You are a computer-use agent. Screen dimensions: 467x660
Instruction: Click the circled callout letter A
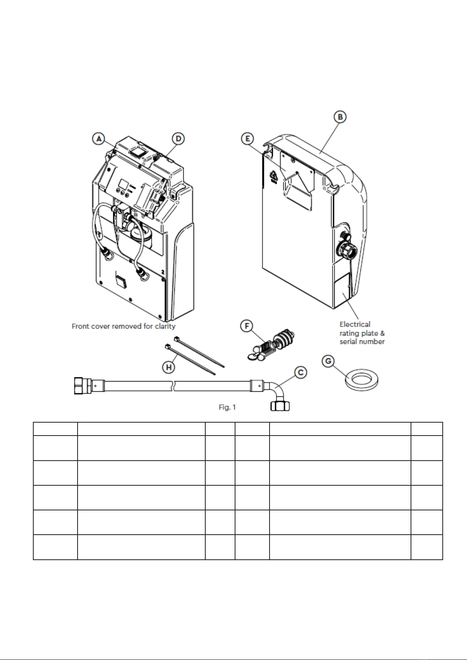pyautogui.click(x=99, y=139)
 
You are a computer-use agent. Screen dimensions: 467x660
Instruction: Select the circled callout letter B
pyautogui.click(x=340, y=117)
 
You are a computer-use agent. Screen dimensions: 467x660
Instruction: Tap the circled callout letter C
pyautogui.click(x=300, y=373)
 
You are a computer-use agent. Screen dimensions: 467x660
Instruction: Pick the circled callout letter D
pyautogui.click(x=179, y=139)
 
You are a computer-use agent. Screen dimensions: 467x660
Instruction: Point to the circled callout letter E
pyautogui.click(x=248, y=139)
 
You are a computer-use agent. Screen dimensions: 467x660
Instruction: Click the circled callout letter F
pyautogui.click(x=247, y=326)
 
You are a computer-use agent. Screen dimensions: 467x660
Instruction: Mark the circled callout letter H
pyautogui.click(x=169, y=367)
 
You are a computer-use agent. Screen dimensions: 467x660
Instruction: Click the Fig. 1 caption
pyautogui.click(x=227, y=407)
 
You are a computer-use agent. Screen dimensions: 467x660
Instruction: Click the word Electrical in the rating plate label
pyautogui.click(x=355, y=324)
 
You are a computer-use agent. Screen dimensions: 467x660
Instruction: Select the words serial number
pyautogui.click(x=362, y=342)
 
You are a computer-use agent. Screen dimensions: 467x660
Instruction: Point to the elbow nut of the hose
pyautogui.click(x=280, y=406)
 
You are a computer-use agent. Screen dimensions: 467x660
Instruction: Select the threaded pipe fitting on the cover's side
pyautogui.click(x=348, y=250)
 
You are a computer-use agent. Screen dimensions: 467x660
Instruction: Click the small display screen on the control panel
pyautogui.click(x=123, y=185)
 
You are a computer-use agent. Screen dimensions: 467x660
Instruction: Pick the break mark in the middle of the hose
pyautogui.click(x=174, y=386)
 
